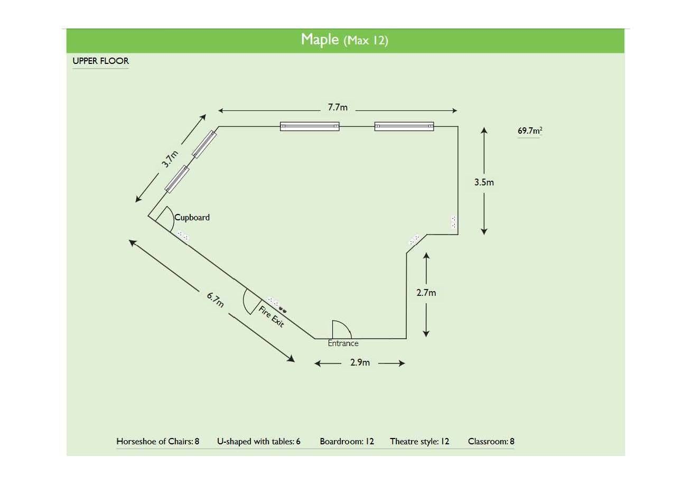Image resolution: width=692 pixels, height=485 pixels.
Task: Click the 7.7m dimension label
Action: [338, 107]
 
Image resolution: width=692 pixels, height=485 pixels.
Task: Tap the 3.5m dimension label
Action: [484, 182]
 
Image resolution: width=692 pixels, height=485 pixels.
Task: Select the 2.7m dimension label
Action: [426, 292]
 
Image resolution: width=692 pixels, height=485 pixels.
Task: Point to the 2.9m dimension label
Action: [360, 363]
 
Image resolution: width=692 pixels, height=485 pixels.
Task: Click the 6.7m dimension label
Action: [216, 300]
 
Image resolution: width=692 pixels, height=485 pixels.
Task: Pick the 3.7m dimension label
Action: [170, 159]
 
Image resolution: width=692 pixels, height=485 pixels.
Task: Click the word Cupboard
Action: [192, 217]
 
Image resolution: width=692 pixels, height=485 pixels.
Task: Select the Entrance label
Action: [343, 343]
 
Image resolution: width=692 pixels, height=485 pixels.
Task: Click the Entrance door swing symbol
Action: [341, 329]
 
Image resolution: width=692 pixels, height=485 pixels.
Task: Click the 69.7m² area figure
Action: [529, 130]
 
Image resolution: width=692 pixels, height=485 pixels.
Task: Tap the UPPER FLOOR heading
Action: [100, 61]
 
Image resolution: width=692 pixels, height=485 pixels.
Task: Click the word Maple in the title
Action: [320, 39]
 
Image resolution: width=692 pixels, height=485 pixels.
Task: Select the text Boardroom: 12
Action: [347, 441]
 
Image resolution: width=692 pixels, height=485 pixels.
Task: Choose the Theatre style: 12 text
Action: [419, 441]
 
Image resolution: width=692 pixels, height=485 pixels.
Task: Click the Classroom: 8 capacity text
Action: [491, 441]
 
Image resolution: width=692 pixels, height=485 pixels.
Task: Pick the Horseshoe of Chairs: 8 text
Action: [157, 441]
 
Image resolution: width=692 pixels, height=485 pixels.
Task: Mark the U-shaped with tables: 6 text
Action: [258, 441]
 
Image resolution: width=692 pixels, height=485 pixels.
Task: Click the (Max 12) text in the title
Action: [366, 41]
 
